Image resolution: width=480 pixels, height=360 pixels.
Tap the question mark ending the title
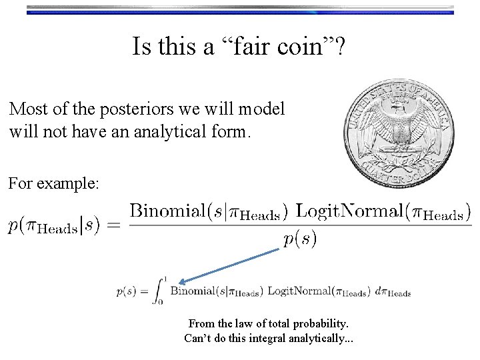click(339, 47)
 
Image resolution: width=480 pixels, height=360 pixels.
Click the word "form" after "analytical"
click(231, 131)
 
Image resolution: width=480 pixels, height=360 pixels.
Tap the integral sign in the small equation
click(159, 291)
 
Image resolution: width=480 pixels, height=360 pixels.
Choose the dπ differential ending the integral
click(394, 292)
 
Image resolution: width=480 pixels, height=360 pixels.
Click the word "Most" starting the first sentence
click(28, 109)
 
